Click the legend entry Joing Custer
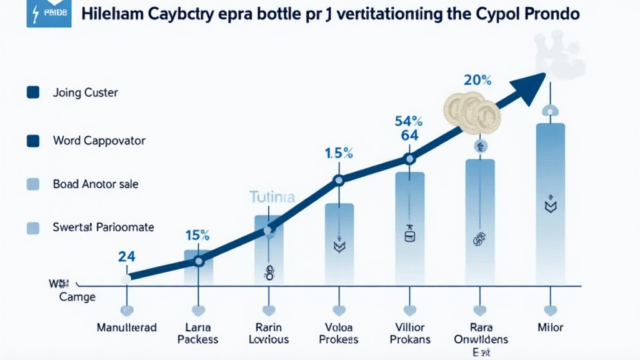click(x=86, y=92)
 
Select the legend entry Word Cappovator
click(x=99, y=141)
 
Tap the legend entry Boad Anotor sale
click(x=96, y=184)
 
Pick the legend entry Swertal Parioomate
click(x=103, y=227)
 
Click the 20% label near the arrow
click(x=477, y=80)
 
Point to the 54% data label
click(x=409, y=121)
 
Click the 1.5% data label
click(x=339, y=152)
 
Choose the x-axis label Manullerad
click(x=127, y=327)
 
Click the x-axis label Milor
click(x=550, y=327)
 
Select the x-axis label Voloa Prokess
click(x=339, y=333)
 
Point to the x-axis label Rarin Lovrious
click(x=269, y=333)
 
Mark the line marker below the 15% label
click(x=199, y=261)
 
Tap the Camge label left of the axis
click(x=77, y=297)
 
